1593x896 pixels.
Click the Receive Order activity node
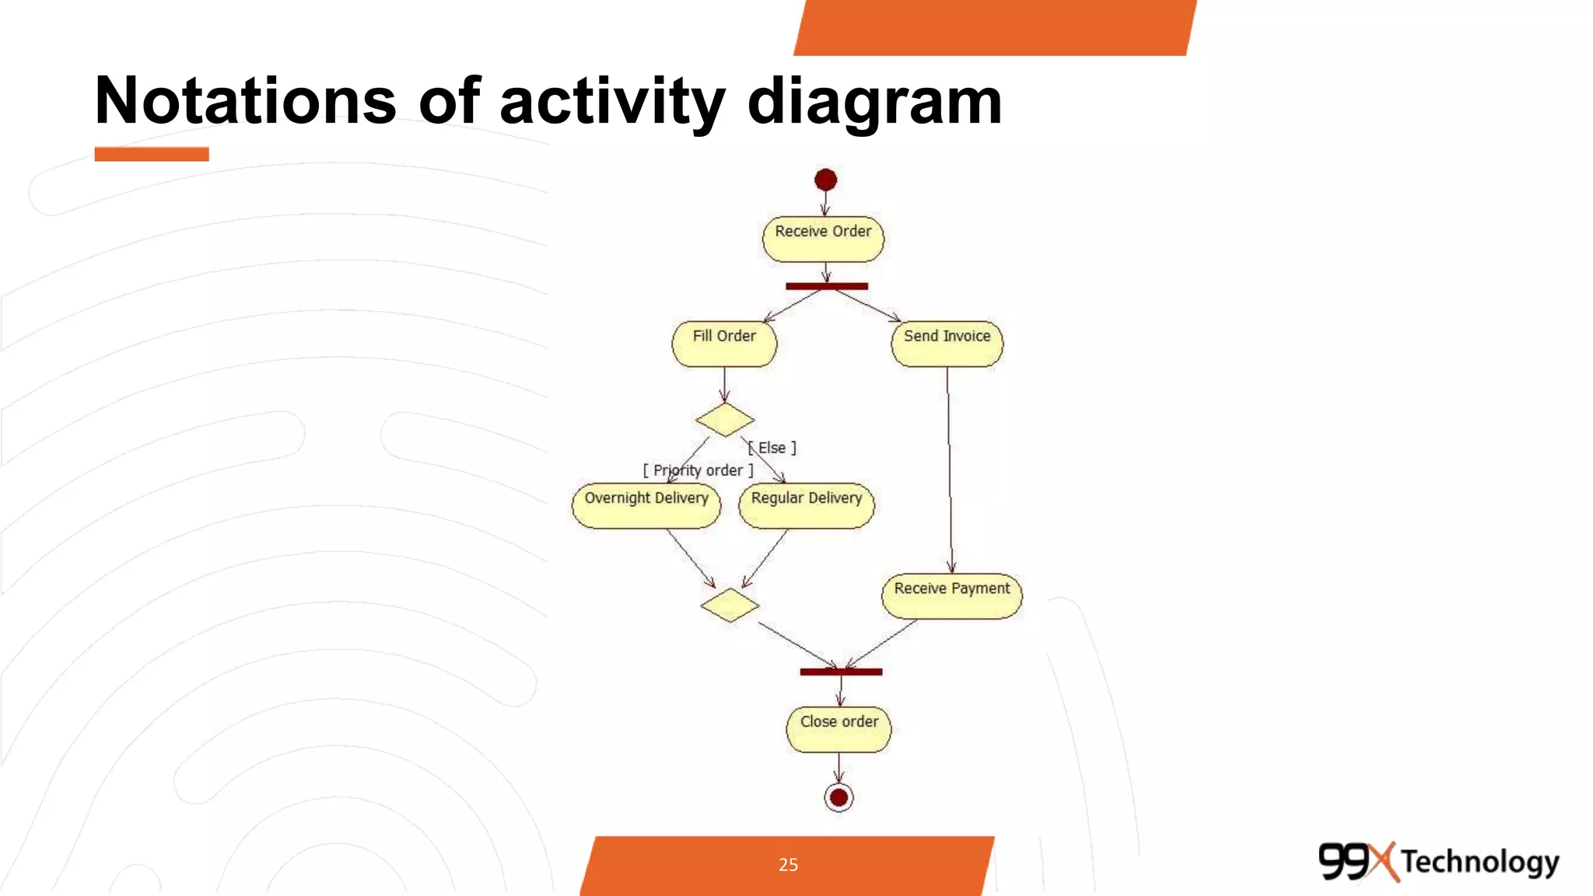click(823, 239)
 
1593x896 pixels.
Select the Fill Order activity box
click(724, 344)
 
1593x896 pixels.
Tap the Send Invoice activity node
click(947, 344)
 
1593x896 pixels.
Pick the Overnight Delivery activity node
click(646, 506)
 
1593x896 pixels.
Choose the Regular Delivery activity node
click(807, 506)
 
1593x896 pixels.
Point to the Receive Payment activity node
click(951, 597)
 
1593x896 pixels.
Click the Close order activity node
click(839, 729)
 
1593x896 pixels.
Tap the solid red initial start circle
click(825, 180)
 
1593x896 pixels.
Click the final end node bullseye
click(839, 797)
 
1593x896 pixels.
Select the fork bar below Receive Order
click(826, 286)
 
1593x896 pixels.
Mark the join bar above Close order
click(841, 672)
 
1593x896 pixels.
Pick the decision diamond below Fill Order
click(725, 420)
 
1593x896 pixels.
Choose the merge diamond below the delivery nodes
click(730, 605)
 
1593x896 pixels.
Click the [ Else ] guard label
click(772, 448)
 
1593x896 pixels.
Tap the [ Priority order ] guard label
click(698, 471)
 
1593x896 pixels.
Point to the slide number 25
click(788, 865)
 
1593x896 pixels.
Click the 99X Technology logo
click(1438, 862)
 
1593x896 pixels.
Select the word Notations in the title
click(245, 101)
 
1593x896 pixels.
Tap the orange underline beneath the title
click(152, 154)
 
